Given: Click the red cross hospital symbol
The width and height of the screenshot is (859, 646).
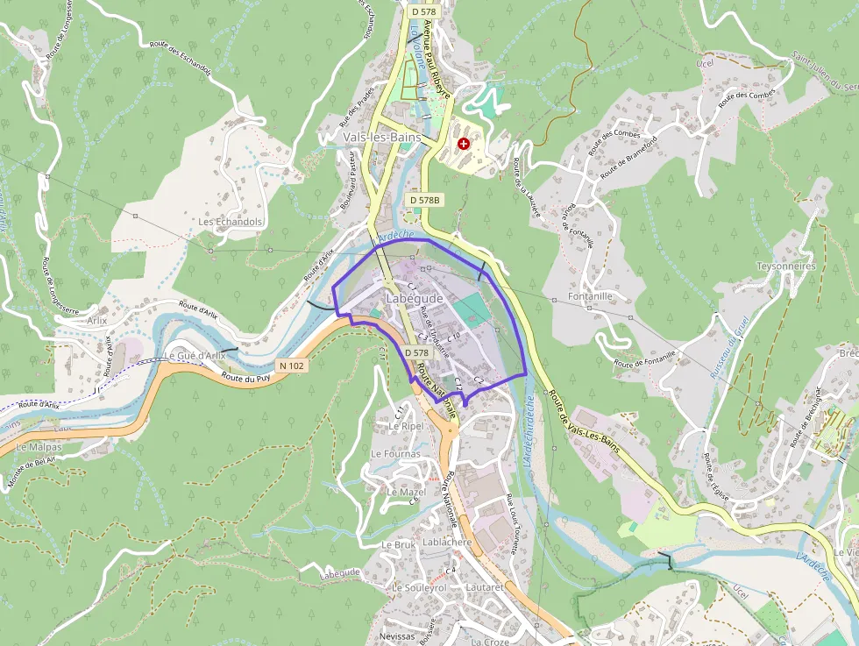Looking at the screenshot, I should pyautogui.click(x=464, y=142).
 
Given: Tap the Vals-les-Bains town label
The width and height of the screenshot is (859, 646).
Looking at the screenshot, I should pyautogui.click(x=381, y=138).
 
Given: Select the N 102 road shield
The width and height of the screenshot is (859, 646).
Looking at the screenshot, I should pyautogui.click(x=294, y=365).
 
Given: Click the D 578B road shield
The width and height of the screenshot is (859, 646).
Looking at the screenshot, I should pyautogui.click(x=425, y=201).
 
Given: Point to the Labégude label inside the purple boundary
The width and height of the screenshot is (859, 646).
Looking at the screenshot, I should pyautogui.click(x=415, y=299).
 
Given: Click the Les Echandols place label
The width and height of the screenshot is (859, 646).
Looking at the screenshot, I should pyautogui.click(x=231, y=223).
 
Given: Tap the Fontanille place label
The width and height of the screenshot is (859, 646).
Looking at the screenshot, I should pyautogui.click(x=590, y=296).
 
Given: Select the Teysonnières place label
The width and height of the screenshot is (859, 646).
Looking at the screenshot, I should pyautogui.click(x=786, y=266).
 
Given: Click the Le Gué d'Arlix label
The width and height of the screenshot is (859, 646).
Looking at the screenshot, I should pyautogui.click(x=195, y=356).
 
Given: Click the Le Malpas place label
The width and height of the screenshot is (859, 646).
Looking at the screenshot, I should pyautogui.click(x=39, y=447).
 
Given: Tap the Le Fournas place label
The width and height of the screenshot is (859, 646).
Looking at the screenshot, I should pyautogui.click(x=395, y=454).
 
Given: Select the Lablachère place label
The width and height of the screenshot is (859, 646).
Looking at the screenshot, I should pyautogui.click(x=447, y=543).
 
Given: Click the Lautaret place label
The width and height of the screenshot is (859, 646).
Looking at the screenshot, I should pyautogui.click(x=486, y=587).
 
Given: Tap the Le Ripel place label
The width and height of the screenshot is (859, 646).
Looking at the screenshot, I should pyautogui.click(x=407, y=426).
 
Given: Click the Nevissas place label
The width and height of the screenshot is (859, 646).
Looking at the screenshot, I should pyautogui.click(x=397, y=636).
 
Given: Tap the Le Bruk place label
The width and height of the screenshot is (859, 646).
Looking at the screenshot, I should pyautogui.click(x=399, y=544).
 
